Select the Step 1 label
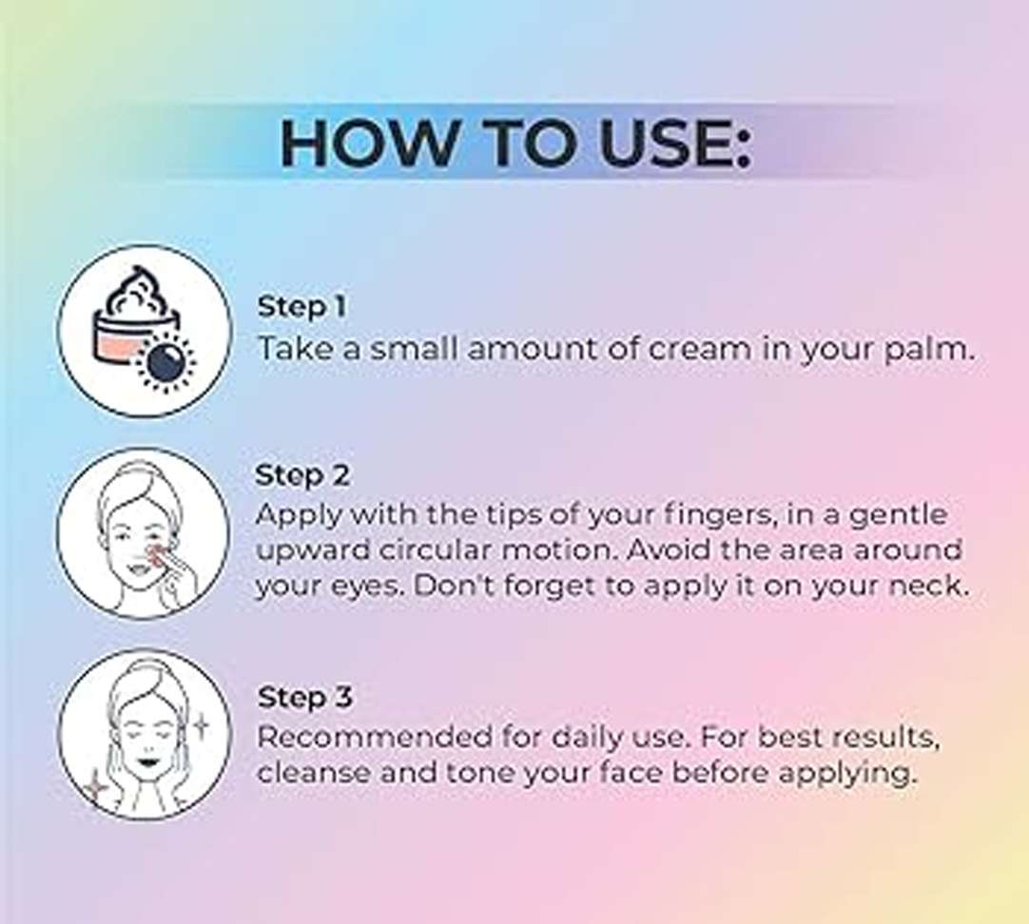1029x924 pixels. click(x=301, y=307)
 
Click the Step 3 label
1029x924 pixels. click(x=304, y=698)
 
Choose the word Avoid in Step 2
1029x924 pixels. click(x=668, y=550)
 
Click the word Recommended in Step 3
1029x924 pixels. click(x=375, y=737)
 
